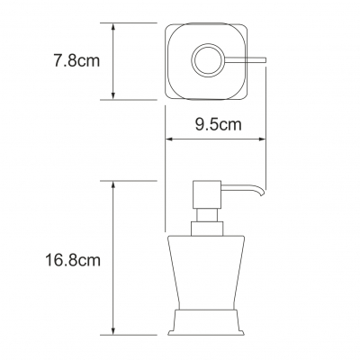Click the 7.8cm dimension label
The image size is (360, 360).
[x=76, y=61]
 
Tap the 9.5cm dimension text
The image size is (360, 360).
[x=219, y=124]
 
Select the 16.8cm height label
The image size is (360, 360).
[x=73, y=260]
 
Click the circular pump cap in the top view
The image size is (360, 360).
[x=208, y=59]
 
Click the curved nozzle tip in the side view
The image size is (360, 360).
[x=262, y=193]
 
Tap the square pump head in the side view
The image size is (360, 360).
[x=207, y=195]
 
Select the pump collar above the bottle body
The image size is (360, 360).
[x=207, y=229]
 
